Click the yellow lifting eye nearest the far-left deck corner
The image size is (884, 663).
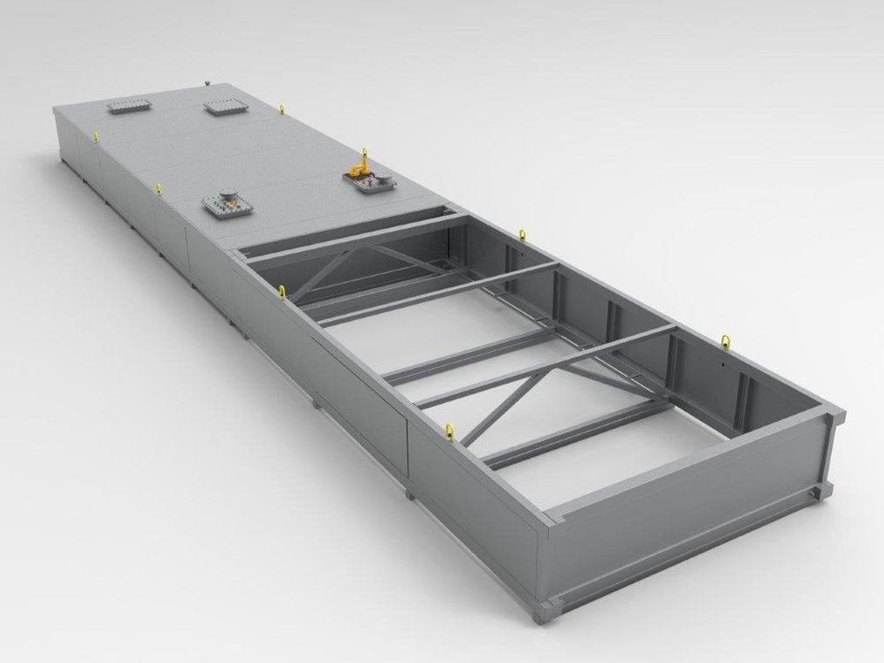(95, 134)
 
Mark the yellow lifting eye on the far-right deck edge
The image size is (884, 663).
(282, 110)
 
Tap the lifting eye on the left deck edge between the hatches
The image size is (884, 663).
(157, 187)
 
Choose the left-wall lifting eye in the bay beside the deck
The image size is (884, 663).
(282, 289)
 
